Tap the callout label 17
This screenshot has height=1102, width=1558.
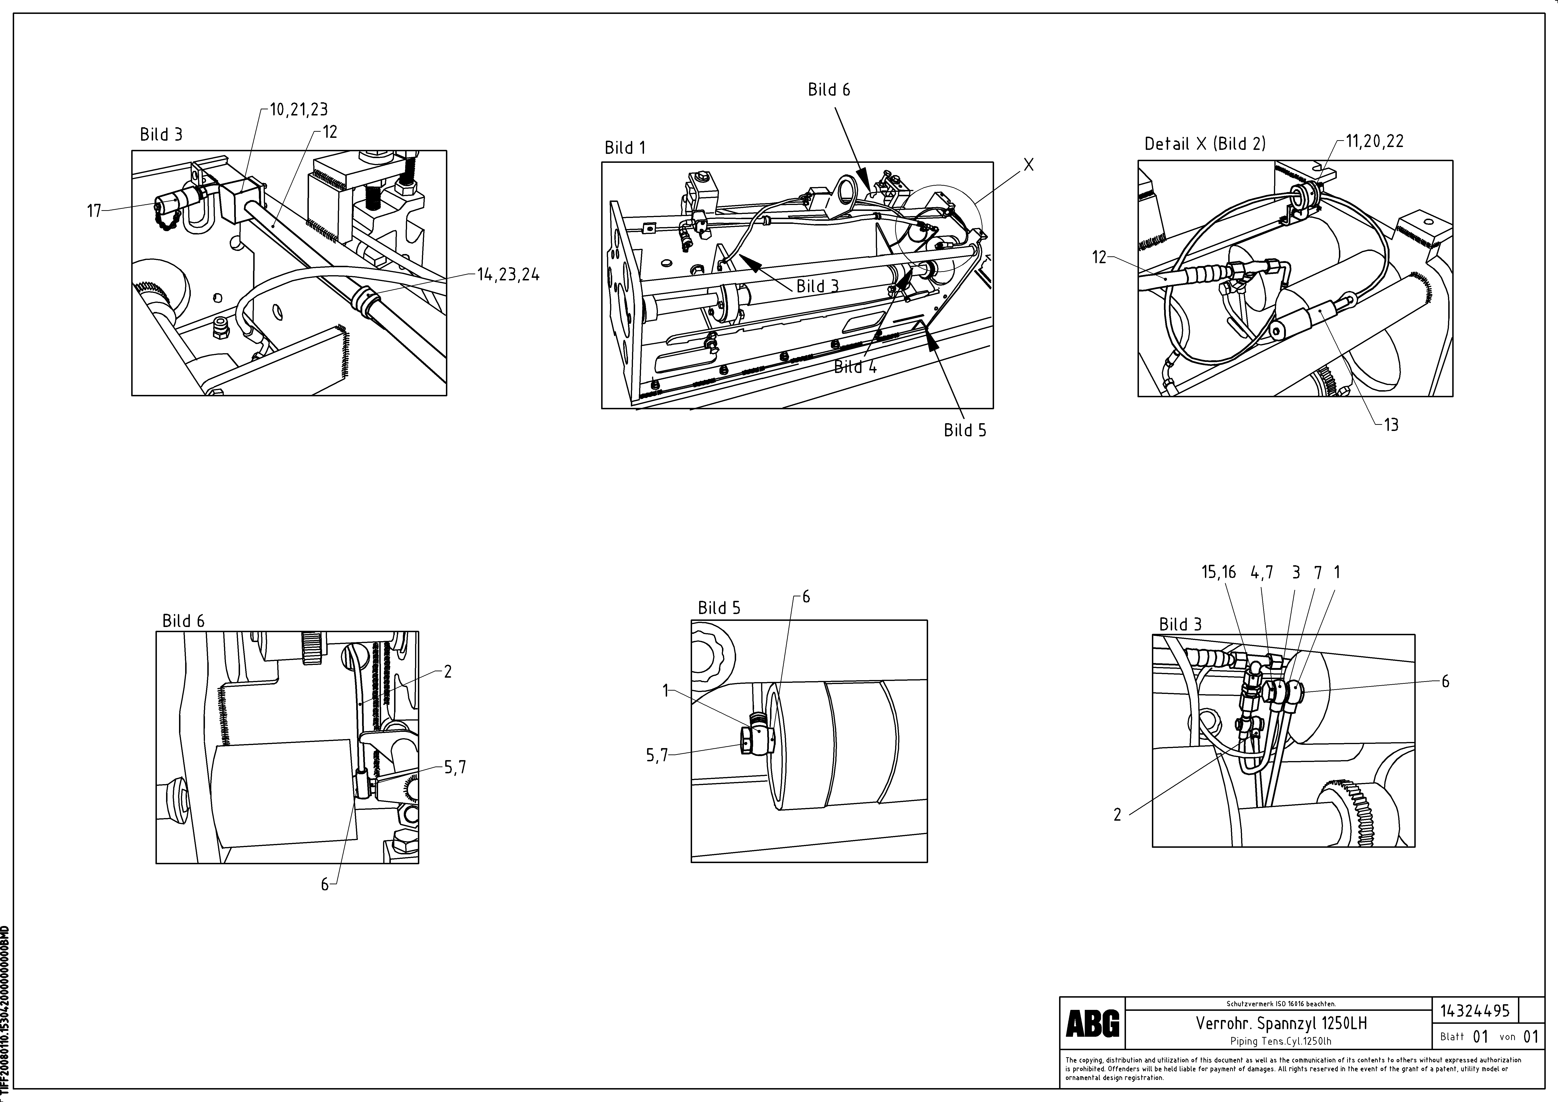94,211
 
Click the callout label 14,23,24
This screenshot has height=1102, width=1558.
508,275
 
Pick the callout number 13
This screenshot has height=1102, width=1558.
1391,425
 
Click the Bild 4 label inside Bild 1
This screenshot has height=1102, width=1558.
855,367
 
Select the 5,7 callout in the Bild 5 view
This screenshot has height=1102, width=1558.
657,755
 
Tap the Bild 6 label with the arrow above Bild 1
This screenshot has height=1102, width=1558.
828,90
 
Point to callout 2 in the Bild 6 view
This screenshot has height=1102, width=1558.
448,671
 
